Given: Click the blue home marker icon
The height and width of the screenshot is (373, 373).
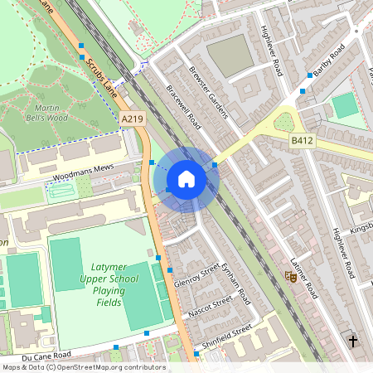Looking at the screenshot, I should [x=186, y=179].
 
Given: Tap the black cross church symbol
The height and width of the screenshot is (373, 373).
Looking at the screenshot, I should [x=353, y=341].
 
